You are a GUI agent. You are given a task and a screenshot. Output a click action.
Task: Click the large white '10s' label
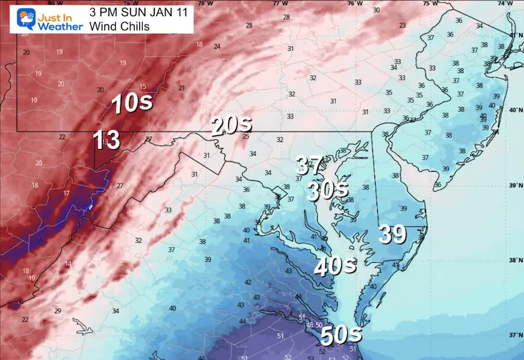[x=130, y=104]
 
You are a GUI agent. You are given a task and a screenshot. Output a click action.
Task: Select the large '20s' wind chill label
[x=231, y=126]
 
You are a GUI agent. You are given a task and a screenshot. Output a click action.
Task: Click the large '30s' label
[x=328, y=190]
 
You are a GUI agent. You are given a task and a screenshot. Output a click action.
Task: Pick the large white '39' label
[x=392, y=234]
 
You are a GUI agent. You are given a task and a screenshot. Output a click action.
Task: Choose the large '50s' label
[x=341, y=335]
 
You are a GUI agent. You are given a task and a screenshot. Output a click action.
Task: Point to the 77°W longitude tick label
[x=279, y=3]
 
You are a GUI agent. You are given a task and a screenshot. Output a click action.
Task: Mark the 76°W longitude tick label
[x=354, y=3]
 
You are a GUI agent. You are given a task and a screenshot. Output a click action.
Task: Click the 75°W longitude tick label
[x=430, y=3]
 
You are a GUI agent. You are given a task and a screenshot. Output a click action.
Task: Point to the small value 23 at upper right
[x=402, y=26]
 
